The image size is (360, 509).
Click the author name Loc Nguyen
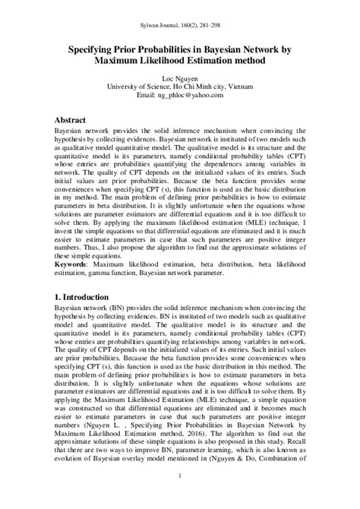(179, 78)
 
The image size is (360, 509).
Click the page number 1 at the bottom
(179, 498)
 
